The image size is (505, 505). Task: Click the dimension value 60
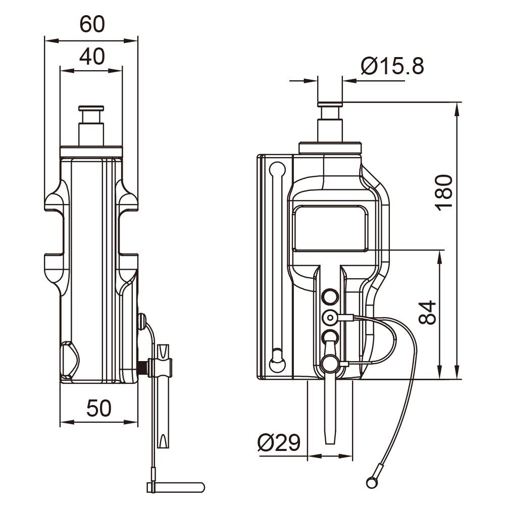point(92,24)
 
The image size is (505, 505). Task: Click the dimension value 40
point(92,57)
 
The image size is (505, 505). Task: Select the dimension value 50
point(99,408)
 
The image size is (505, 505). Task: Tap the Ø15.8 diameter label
point(392,66)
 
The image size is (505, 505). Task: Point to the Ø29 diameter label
point(279,442)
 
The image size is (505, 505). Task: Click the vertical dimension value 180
point(444,192)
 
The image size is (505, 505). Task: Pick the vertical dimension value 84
point(427,313)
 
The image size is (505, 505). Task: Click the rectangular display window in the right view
point(330,228)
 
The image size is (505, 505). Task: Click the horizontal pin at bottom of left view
point(176,487)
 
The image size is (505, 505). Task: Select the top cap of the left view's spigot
point(91,108)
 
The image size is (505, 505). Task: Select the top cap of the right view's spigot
point(330,105)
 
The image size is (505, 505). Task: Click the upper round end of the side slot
point(277,169)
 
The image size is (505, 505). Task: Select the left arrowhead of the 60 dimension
point(52,40)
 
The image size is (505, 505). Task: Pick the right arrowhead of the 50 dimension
point(131,422)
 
